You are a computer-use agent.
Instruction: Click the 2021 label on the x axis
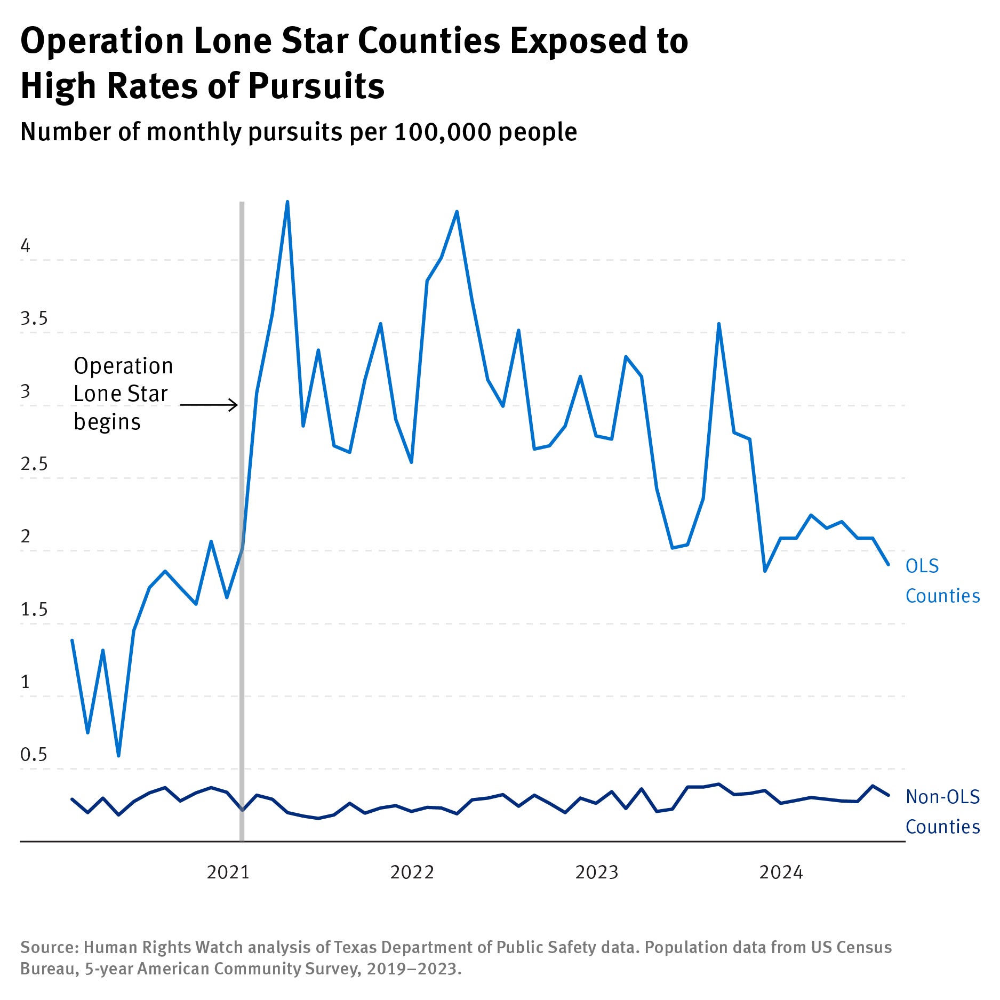[x=228, y=872]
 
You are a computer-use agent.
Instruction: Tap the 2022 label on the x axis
[x=412, y=872]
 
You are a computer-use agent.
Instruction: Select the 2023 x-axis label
[x=596, y=872]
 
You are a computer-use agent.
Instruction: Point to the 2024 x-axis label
[x=781, y=872]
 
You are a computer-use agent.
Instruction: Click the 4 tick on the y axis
[x=25, y=246]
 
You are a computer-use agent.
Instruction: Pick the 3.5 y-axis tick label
[x=34, y=318]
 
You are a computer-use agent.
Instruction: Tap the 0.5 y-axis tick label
[x=34, y=755]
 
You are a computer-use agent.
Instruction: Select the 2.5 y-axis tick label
[x=34, y=464]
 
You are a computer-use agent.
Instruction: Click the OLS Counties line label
[x=942, y=581]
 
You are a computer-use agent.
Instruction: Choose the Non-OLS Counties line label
[x=942, y=811]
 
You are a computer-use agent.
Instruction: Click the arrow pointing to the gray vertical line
[x=209, y=405]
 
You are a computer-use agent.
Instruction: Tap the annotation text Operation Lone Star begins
[x=123, y=394]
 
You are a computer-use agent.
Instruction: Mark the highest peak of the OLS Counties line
[x=287, y=202]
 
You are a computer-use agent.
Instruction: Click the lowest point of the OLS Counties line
[x=118, y=755]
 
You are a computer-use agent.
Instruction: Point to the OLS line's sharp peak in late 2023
[x=719, y=324]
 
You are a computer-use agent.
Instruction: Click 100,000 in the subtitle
[x=443, y=132]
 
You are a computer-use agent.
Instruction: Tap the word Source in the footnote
[x=49, y=947]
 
